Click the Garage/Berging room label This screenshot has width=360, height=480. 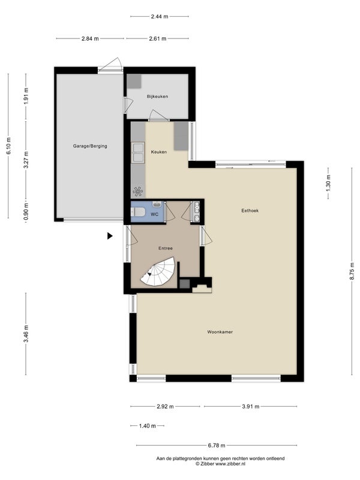tap(90, 146)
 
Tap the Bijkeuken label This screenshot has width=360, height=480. tap(157, 97)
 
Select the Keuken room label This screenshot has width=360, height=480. tap(159, 152)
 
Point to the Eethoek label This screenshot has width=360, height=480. tap(250, 211)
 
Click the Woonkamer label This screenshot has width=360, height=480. tap(220, 332)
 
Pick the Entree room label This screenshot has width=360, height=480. tap(166, 248)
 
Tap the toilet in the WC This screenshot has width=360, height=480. tap(138, 212)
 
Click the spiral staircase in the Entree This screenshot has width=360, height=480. tap(158, 272)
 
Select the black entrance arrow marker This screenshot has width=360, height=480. tap(110, 236)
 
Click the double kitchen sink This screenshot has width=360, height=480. tap(138, 152)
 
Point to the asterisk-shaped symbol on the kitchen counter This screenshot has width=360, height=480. tap(138, 191)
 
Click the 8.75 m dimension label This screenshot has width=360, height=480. tap(352, 271)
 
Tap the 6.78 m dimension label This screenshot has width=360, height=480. tap(217, 445)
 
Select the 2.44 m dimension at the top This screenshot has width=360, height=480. tap(160, 17)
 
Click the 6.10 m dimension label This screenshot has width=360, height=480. tap(8, 146)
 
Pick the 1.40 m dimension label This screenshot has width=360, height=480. tap(147, 426)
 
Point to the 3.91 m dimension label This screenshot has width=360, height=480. tap(251, 407)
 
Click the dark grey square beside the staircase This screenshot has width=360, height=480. tap(185, 283)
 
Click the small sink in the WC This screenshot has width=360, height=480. tap(157, 204)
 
